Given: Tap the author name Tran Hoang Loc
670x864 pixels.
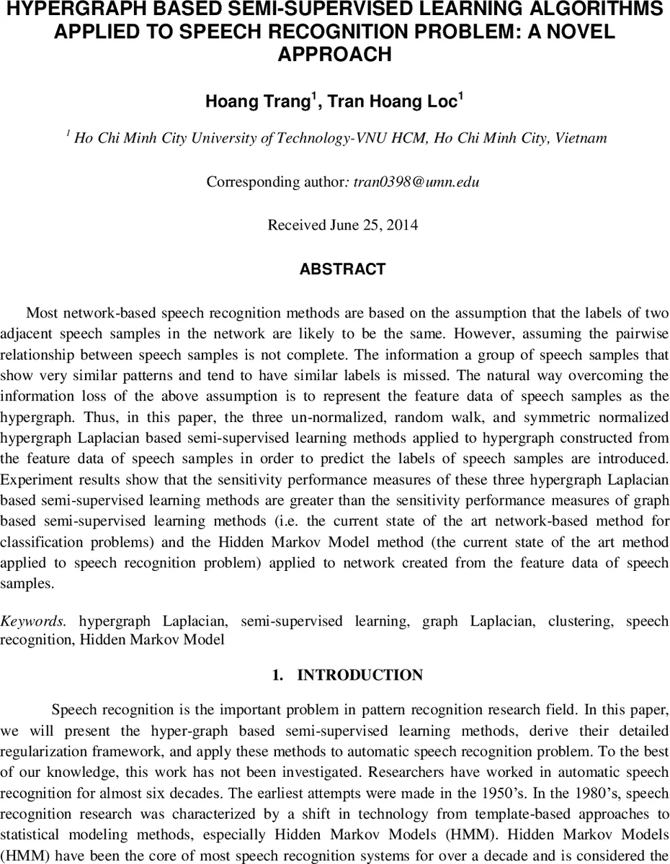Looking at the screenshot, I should [x=393, y=102].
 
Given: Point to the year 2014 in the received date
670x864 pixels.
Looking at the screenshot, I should [x=401, y=225].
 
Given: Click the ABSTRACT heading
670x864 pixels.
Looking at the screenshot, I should [x=342, y=269].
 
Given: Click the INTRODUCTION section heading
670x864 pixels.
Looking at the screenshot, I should [x=359, y=675].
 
